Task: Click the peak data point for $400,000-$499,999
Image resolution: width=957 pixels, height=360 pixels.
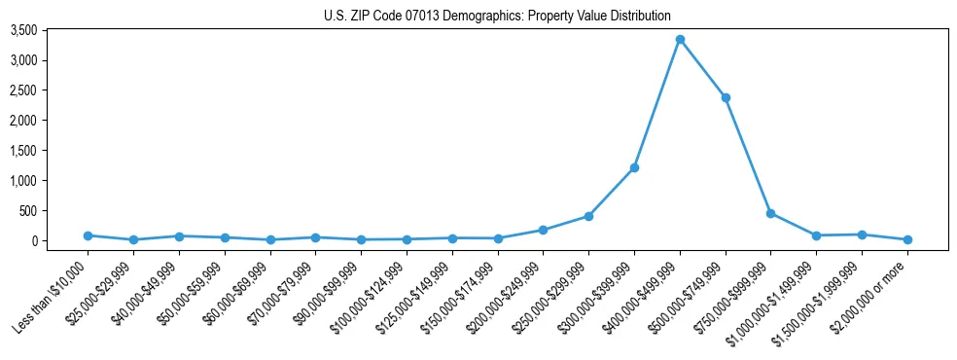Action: point(680,39)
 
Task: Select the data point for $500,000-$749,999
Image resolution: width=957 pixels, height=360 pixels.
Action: point(726,97)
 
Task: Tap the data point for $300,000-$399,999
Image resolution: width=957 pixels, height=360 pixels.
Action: point(634,167)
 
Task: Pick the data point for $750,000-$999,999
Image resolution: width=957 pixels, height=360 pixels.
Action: point(770,213)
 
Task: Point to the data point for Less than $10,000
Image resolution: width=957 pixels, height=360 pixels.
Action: point(88,235)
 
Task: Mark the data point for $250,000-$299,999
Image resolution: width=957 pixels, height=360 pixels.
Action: point(588,216)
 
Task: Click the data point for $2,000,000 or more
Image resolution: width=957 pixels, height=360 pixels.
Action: point(907,239)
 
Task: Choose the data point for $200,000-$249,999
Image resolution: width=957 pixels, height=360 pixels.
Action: point(543,230)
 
